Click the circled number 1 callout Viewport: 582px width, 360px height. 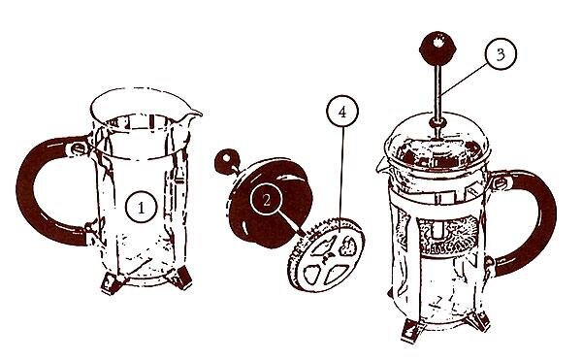click(141, 207)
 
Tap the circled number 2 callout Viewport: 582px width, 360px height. click(267, 199)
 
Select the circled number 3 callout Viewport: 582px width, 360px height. click(501, 54)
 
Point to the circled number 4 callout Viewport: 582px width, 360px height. click(342, 112)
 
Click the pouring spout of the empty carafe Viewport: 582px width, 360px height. click(192, 115)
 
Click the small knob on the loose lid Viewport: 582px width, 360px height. click(227, 161)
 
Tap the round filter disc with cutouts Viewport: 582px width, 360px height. click(326, 255)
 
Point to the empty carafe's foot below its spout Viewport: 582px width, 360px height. click(180, 278)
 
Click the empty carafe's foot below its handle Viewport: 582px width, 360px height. click(113, 283)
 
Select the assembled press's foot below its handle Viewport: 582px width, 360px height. click(479, 320)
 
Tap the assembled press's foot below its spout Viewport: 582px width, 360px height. click(413, 330)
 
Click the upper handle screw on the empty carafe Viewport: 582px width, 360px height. click(78, 148)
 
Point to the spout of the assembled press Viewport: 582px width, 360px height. click(382, 166)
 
